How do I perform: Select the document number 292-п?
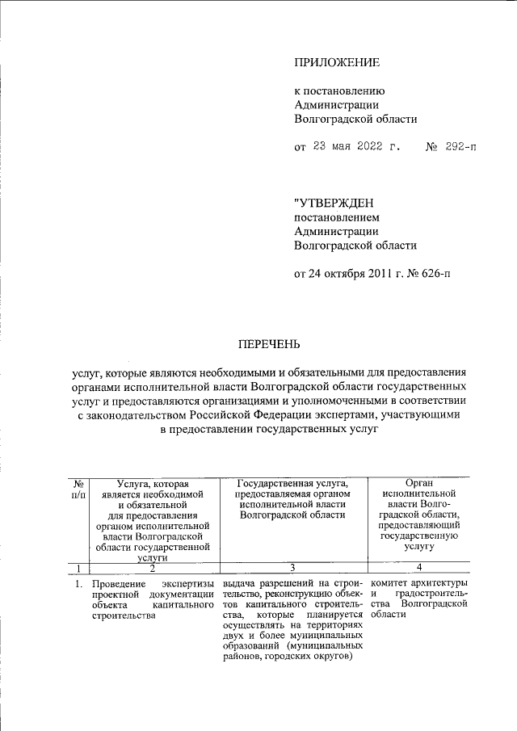(456, 147)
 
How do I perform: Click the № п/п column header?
(78, 488)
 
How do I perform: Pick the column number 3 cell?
(292, 568)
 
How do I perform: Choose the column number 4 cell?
(418, 568)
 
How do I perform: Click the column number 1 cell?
(78, 568)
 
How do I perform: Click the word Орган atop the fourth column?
(418, 482)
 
